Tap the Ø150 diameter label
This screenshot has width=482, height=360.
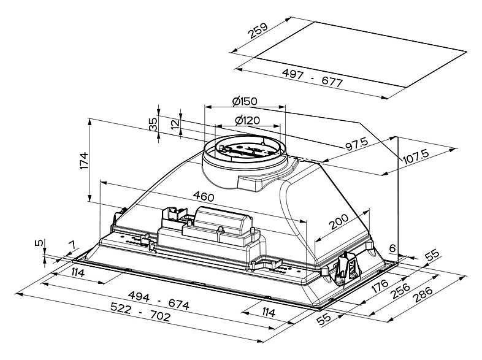244,101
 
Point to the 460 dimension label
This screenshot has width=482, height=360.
203,197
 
